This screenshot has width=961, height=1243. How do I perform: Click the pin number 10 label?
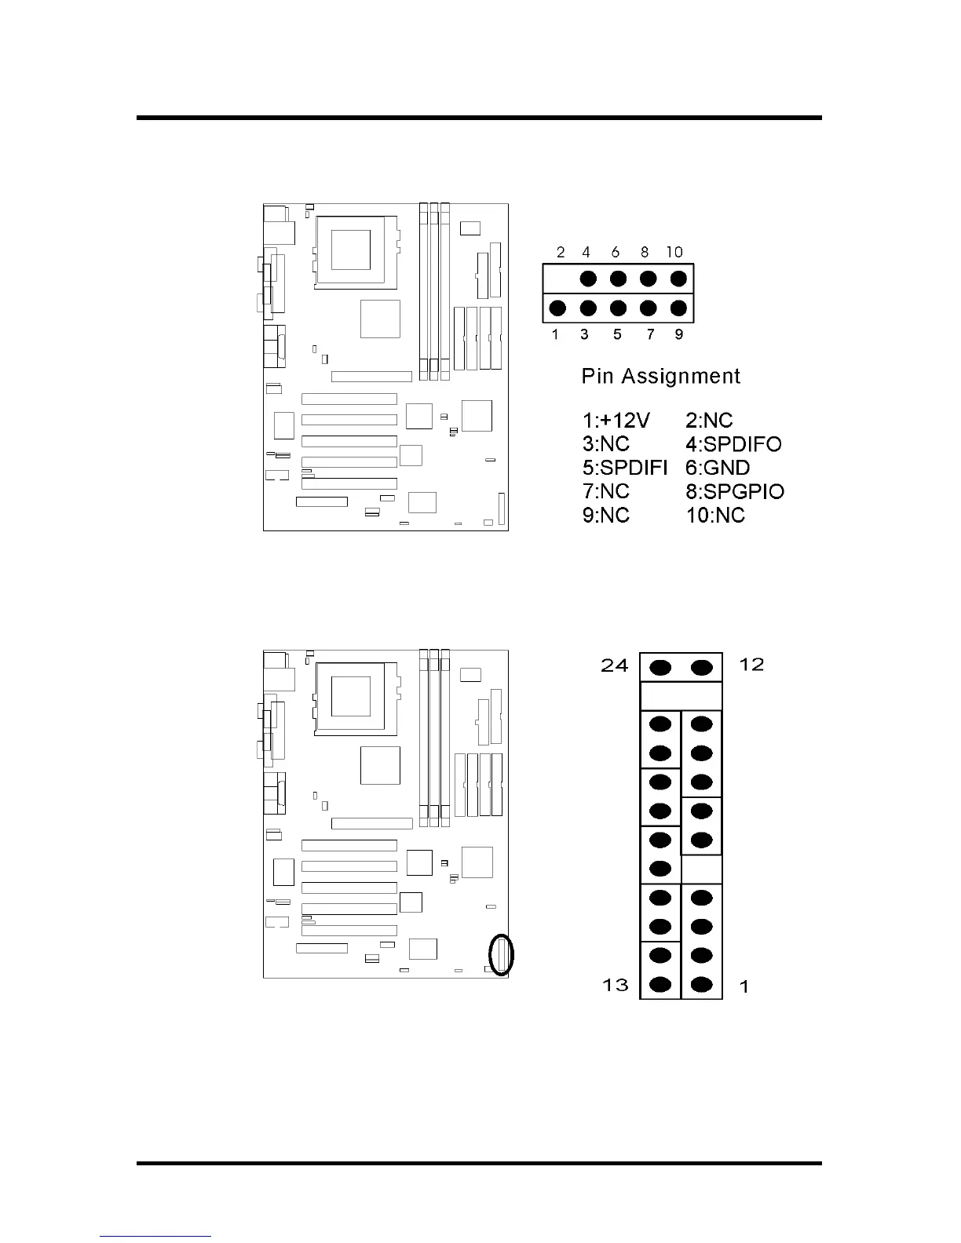pos(674,252)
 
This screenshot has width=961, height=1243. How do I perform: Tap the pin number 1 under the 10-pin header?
pos(555,334)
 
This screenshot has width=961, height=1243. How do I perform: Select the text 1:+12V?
pos(616,421)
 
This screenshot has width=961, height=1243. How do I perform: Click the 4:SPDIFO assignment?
pos(733,444)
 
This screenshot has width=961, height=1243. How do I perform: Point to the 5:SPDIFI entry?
pos(624,468)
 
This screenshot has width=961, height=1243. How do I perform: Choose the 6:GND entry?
pos(718,468)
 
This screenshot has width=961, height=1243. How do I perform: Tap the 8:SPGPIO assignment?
pos(735,491)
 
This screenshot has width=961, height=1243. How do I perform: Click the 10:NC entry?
pos(715,516)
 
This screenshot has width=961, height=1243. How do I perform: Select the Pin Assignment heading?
pos(660,377)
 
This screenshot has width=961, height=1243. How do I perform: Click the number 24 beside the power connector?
pos(615,665)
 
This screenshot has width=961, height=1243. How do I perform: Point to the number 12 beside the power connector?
pos(751,665)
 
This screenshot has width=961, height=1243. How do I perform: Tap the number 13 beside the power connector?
pos(616,984)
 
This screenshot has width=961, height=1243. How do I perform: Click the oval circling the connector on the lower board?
pos(501,954)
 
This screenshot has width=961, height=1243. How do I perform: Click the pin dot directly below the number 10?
pos(678,279)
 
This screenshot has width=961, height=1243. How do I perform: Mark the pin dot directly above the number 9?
pos(678,308)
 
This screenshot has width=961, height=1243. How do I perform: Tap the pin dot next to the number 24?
pos(661,668)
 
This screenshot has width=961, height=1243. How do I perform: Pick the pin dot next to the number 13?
pos(661,984)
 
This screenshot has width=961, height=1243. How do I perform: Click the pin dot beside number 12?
pos(701,668)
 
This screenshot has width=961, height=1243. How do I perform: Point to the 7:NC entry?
pos(606,491)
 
